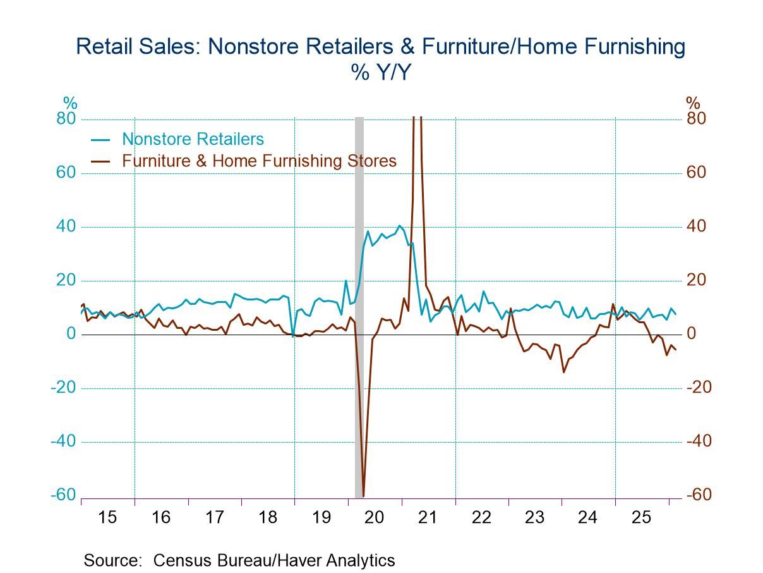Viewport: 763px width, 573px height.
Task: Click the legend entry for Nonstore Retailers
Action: (193, 139)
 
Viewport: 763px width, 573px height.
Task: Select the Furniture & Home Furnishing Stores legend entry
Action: (259, 161)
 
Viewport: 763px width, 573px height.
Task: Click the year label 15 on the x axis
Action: (108, 517)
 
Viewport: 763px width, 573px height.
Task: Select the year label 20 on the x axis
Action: (375, 517)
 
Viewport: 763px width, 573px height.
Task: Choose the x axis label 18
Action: (268, 517)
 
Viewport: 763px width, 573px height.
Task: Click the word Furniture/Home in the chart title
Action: (493, 47)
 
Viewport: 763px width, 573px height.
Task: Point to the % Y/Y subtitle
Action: (381, 73)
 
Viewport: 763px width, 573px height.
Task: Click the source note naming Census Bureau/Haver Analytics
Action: (239, 560)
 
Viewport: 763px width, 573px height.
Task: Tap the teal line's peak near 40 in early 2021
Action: (399, 226)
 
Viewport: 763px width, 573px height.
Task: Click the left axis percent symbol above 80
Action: (69, 102)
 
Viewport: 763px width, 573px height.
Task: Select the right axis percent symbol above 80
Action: (693, 102)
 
